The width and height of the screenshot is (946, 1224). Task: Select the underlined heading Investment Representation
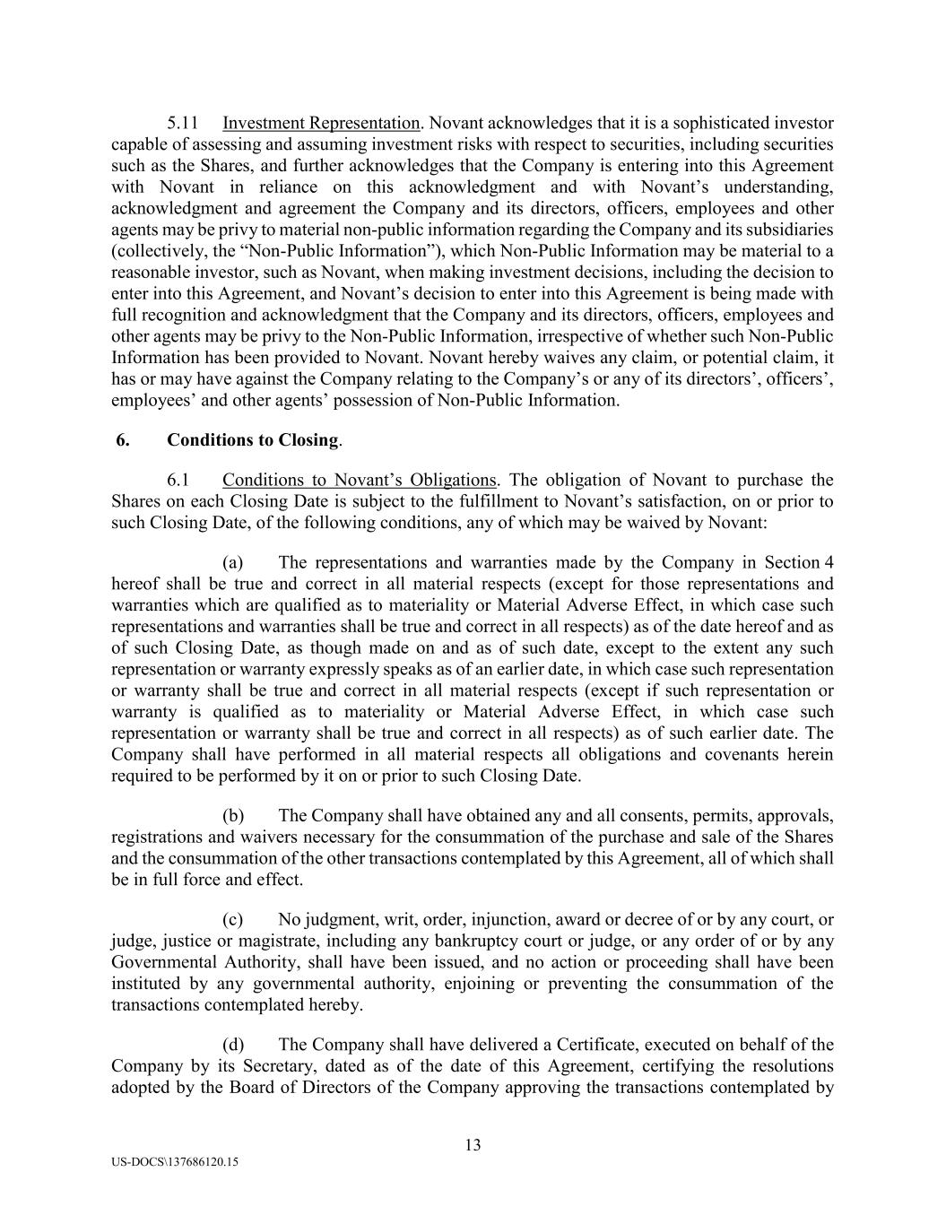click(321, 123)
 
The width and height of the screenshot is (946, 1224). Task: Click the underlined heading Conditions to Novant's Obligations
click(359, 480)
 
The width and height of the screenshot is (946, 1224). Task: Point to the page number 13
click(473, 1145)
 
